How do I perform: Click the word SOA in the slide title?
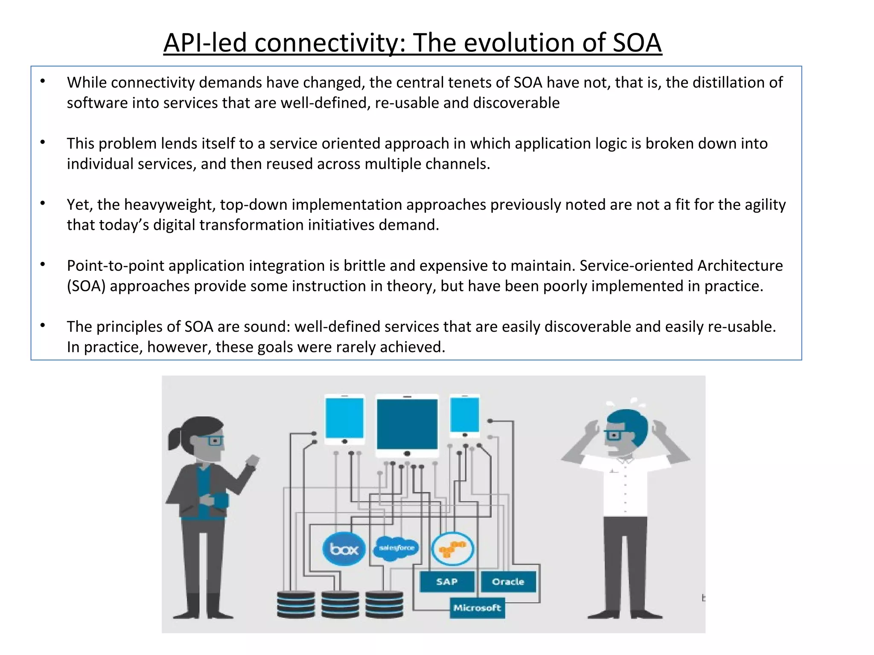(637, 43)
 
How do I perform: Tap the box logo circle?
(344, 549)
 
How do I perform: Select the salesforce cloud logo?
(396, 548)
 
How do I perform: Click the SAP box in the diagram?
(446, 582)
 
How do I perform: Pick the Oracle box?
(508, 582)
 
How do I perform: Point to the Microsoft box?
(477, 608)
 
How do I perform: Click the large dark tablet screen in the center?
(407, 424)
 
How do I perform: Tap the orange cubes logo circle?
(452, 549)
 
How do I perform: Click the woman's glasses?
(211, 440)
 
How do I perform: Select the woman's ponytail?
(175, 439)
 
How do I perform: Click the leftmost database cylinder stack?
(296, 604)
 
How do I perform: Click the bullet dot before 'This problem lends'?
(43, 142)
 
